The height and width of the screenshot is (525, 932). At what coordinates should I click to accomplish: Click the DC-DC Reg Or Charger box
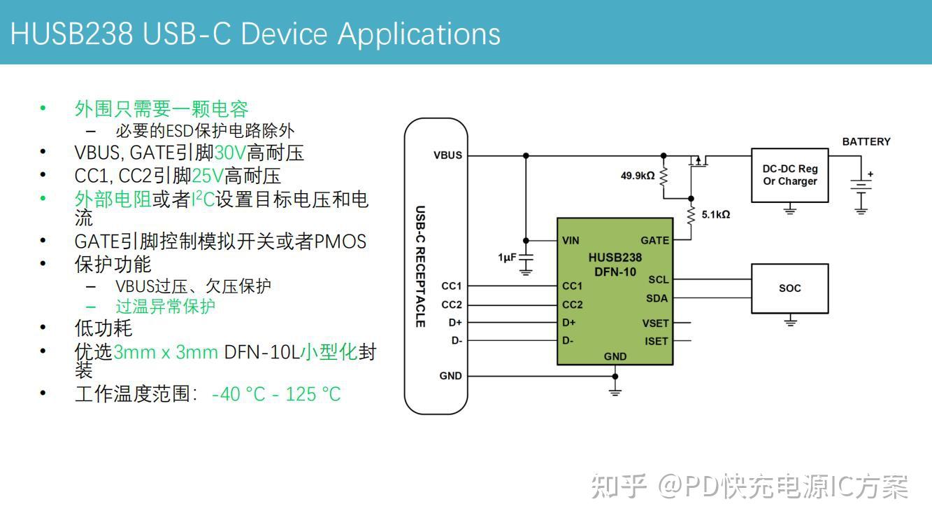point(789,175)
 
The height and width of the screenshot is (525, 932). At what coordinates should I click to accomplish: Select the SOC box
point(789,288)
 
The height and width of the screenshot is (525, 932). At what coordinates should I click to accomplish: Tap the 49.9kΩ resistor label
point(638,175)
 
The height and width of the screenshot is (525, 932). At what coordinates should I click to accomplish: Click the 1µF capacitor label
point(507,258)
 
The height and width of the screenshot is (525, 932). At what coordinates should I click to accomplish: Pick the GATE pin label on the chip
point(654,240)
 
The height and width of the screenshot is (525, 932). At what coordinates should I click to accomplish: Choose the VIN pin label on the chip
point(571,240)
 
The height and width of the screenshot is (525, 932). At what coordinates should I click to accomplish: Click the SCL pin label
point(658,279)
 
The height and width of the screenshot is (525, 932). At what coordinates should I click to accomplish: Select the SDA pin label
point(657,298)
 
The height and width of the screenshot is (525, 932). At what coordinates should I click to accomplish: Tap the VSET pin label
point(656,323)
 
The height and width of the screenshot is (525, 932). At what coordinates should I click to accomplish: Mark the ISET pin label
point(657,342)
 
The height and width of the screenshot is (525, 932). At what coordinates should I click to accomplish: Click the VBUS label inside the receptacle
point(447,155)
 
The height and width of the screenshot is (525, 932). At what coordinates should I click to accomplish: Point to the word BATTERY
point(866,141)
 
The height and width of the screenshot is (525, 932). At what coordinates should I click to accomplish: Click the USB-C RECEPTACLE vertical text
point(420,266)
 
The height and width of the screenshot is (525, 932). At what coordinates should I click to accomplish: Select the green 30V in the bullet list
point(230,153)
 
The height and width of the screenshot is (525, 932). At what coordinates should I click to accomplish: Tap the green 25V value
point(208,176)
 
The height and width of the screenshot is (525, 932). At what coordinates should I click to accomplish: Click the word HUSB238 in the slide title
point(71,34)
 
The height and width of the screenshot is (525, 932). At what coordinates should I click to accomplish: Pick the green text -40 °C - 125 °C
point(275,394)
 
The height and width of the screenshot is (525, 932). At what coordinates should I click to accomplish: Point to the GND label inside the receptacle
point(450,376)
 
